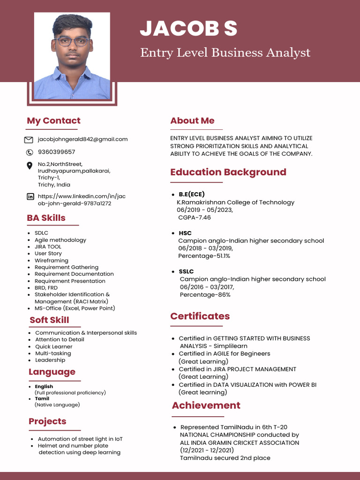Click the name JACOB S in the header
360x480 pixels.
(x=188, y=29)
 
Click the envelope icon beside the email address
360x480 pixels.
(x=29, y=140)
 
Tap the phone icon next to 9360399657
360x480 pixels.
(x=29, y=152)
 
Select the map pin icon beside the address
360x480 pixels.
(x=30, y=165)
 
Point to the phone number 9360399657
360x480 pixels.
(x=56, y=152)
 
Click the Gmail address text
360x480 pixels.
(x=82, y=139)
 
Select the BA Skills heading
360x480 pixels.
(x=46, y=218)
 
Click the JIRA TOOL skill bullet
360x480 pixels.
(x=48, y=247)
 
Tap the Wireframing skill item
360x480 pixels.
(x=51, y=261)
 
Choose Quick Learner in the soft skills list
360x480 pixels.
(x=54, y=346)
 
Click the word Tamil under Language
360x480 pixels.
(x=42, y=399)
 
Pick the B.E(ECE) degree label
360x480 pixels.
(x=192, y=194)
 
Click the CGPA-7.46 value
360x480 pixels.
(x=195, y=217)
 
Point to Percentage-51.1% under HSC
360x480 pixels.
(x=204, y=256)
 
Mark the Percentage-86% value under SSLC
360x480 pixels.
(x=205, y=295)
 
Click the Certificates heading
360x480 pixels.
(x=200, y=316)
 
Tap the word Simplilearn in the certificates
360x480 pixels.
(x=230, y=346)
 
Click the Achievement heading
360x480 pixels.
(x=206, y=405)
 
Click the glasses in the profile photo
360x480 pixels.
(x=72, y=41)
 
